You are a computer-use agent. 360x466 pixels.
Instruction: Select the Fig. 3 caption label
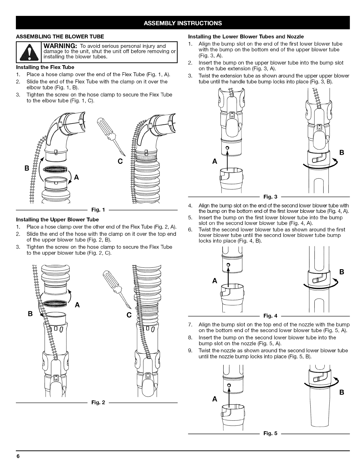(x=269, y=196)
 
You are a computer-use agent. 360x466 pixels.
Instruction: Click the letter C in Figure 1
(x=120, y=162)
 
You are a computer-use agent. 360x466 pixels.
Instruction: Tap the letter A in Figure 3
(x=215, y=162)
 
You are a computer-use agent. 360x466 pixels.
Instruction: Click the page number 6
(x=18, y=456)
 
